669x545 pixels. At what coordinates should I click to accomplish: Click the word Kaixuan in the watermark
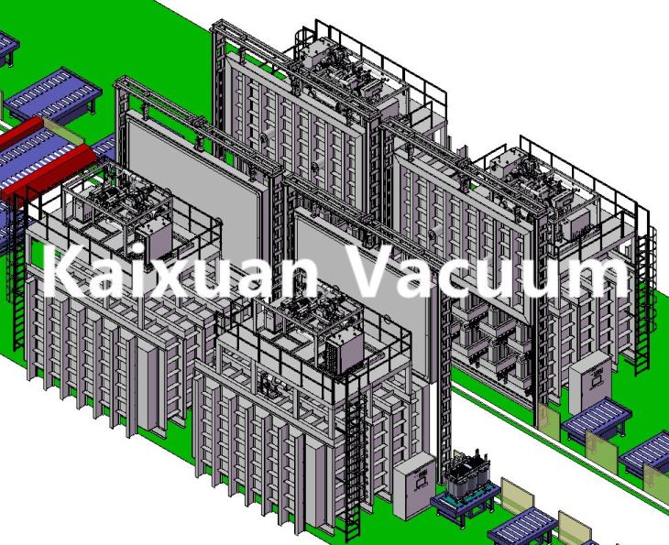(180, 272)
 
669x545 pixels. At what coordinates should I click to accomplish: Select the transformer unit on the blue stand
(466, 474)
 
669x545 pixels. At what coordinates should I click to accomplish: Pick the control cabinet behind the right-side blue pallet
(590, 382)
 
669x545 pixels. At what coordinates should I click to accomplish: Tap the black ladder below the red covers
(17, 273)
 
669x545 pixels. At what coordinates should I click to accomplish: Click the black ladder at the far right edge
(643, 303)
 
